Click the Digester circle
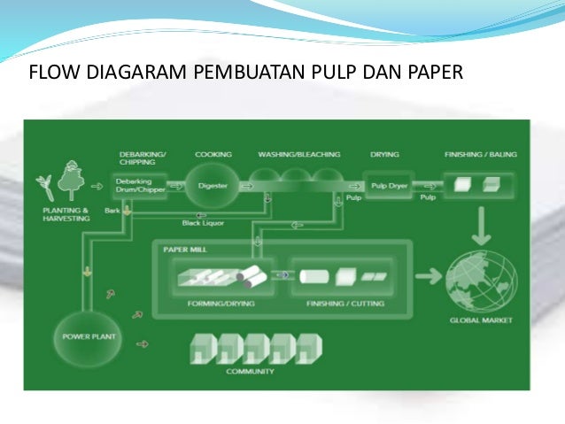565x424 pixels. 213,186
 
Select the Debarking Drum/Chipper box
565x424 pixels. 140,186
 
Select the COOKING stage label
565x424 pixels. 213,153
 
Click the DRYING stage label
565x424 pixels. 384,153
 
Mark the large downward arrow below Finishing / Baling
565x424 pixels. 482,229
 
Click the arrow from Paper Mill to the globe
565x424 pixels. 428,276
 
